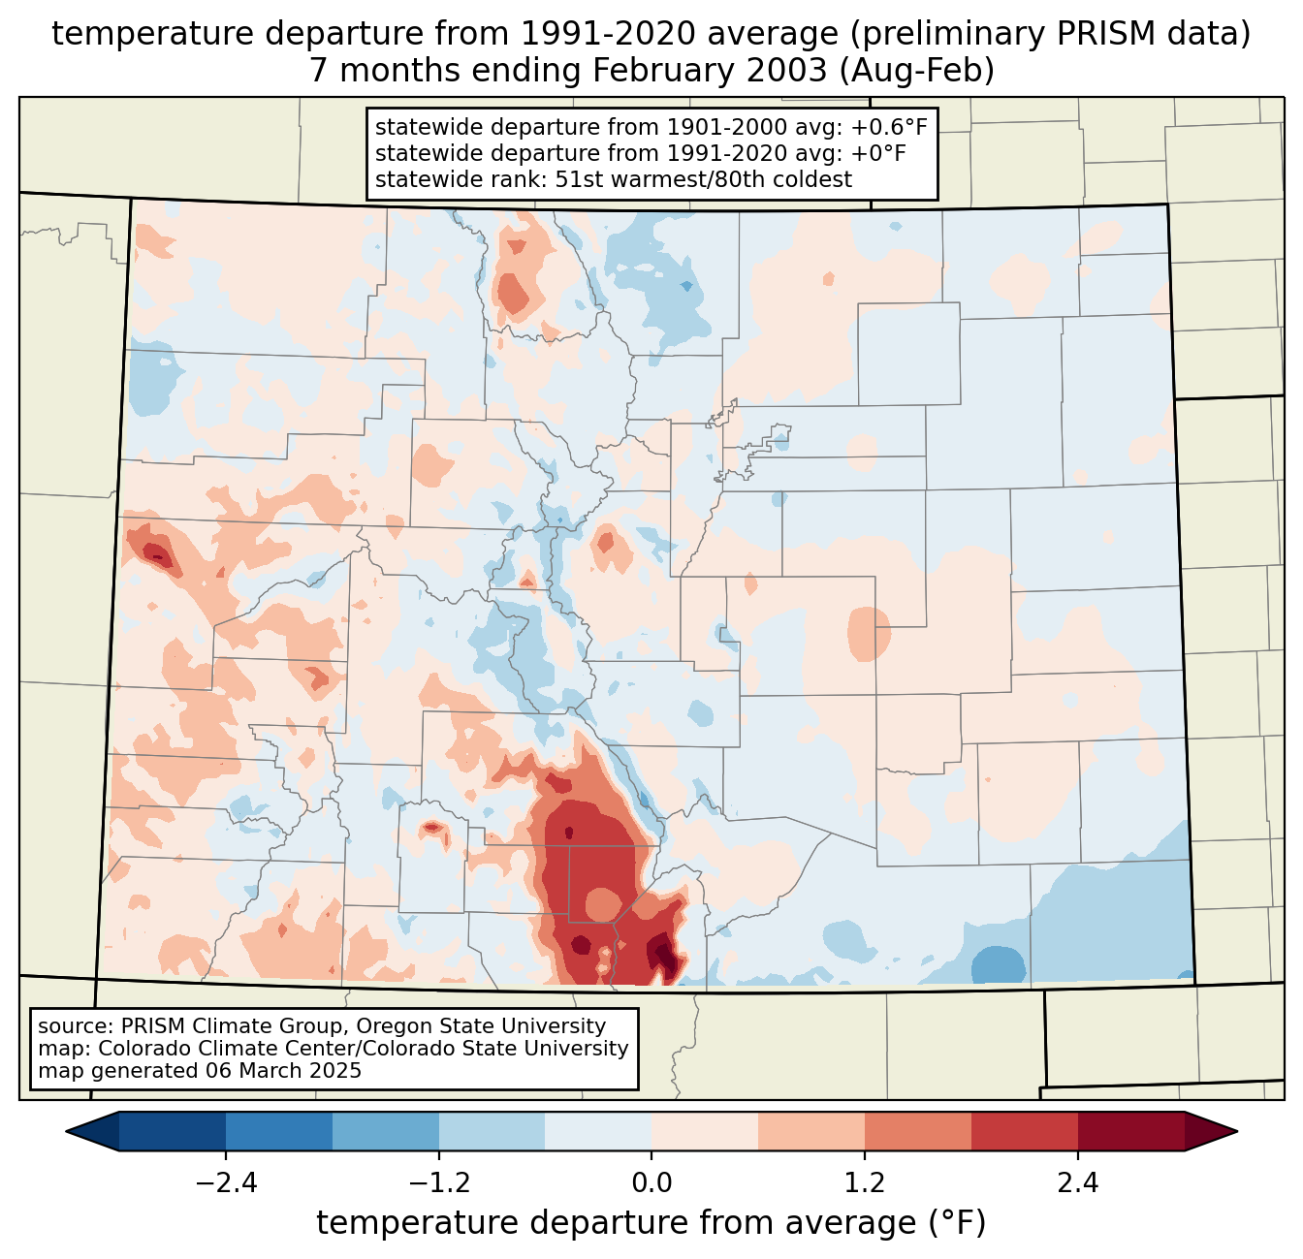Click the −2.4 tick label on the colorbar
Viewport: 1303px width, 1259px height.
pos(226,1183)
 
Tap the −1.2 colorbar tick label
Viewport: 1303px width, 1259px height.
pos(439,1183)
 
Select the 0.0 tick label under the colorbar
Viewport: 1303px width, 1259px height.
pos(651,1183)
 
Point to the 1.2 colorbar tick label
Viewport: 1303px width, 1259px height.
pos(865,1183)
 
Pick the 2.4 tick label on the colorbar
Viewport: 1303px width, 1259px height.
pos(1077,1183)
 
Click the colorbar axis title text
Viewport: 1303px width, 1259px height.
pos(651,1223)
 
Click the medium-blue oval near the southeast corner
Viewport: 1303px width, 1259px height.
pos(999,964)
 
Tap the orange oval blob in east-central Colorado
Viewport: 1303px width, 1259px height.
pos(869,633)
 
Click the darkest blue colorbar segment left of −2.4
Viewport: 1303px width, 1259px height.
pos(173,1131)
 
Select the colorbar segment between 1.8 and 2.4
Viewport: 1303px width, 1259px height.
pos(1024,1131)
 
